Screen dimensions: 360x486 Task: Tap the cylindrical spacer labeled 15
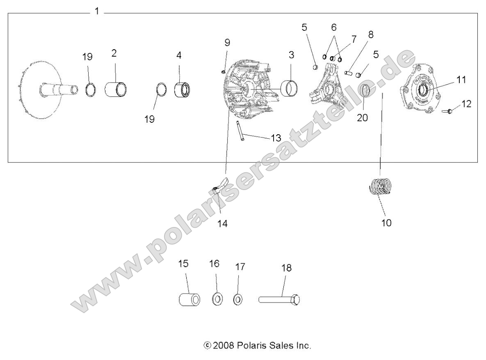pyautogui.click(x=189, y=299)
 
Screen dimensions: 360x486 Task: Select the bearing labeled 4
pyautogui.click(x=181, y=89)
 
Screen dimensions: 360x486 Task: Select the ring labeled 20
pyautogui.click(x=366, y=90)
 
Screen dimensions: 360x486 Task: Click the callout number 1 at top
pyautogui.click(x=97, y=11)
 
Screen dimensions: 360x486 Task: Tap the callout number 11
pyautogui.click(x=461, y=80)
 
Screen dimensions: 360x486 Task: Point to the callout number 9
pyautogui.click(x=227, y=42)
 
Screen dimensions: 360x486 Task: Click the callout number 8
pyautogui.click(x=371, y=35)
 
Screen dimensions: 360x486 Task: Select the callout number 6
pyautogui.click(x=333, y=28)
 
